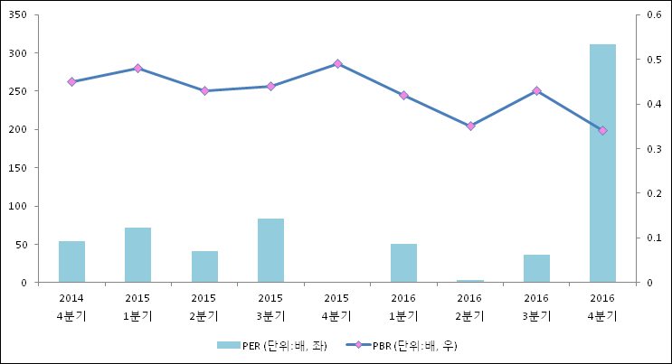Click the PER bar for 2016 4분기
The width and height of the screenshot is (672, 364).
602,163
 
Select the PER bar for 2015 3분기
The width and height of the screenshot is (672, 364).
270,250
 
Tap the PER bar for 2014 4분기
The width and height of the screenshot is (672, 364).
71,262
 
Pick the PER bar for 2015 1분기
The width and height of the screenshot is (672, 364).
137,255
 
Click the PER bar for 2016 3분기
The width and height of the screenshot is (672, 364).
536,268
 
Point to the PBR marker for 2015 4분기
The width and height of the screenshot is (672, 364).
337,63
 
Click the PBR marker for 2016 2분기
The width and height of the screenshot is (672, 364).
470,126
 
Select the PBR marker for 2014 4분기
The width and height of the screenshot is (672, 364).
71,81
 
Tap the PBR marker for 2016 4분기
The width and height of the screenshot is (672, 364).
602,130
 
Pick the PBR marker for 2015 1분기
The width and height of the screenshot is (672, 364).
137,68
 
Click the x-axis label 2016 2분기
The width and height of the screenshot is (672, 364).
470,307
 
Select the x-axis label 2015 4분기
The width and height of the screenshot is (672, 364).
337,307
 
